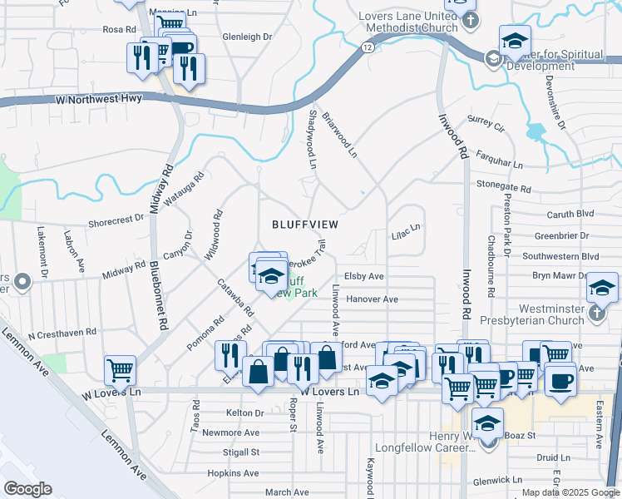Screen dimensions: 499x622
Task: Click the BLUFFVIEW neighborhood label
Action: click(x=306, y=225)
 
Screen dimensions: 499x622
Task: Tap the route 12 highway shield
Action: click(x=368, y=47)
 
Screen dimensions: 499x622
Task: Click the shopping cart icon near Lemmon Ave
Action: click(x=121, y=368)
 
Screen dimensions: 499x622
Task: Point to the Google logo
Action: click(x=27, y=488)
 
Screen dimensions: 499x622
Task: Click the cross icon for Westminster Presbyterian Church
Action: click(x=595, y=314)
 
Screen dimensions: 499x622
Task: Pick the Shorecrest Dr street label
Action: click(x=116, y=220)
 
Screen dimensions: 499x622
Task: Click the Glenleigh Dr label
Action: click(x=248, y=37)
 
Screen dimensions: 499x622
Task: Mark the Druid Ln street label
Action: click(x=553, y=457)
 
